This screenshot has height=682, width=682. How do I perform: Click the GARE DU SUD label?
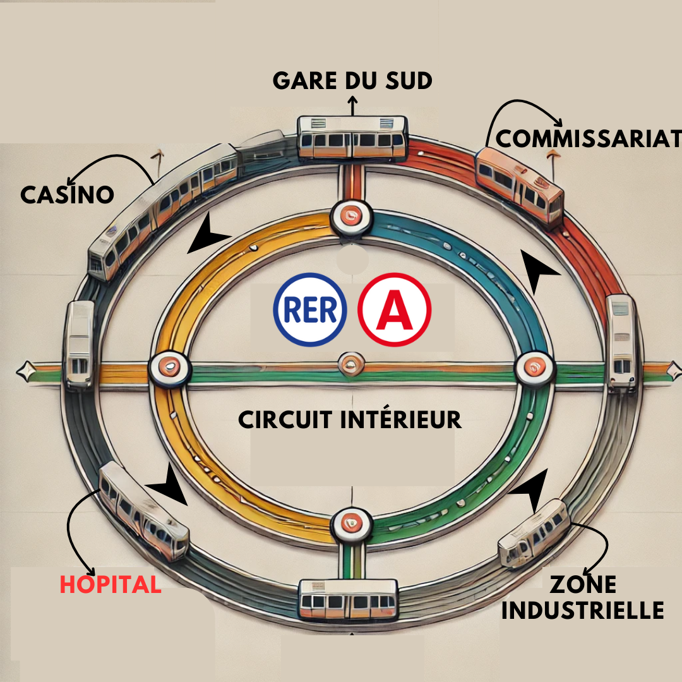352,80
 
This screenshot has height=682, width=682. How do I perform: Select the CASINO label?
67,194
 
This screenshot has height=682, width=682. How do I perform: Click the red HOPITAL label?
111,584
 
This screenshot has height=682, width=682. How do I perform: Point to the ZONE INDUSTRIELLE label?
583,597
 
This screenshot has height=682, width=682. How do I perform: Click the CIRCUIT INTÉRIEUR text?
350,420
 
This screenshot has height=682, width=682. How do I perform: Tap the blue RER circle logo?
309,309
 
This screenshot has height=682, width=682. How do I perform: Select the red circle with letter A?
395,309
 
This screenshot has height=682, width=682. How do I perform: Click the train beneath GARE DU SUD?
353,138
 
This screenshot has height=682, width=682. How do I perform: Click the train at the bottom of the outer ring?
349,599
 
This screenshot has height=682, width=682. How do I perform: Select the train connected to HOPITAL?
143,510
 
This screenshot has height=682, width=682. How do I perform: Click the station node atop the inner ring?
352,217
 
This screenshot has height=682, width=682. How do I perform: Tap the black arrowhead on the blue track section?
538,270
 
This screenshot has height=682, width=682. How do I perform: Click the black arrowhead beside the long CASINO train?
207,234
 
